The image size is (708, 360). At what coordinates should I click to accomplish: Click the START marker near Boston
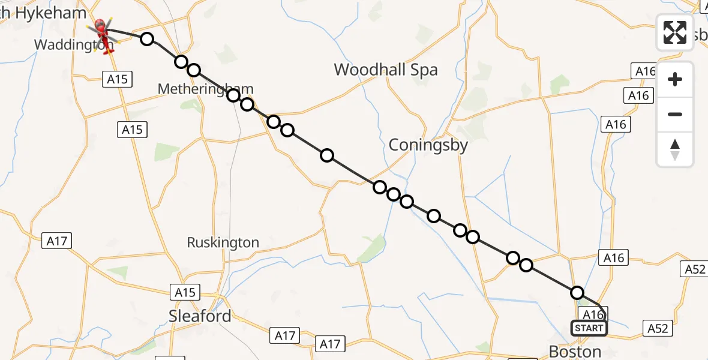point(589,328)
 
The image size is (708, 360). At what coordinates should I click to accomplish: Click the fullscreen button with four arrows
point(675,32)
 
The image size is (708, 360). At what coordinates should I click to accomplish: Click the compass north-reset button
point(675,149)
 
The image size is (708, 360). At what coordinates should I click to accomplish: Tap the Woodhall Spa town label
point(386,70)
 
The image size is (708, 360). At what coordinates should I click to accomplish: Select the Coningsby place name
point(428,145)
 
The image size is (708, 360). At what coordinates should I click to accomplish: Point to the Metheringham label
point(205,89)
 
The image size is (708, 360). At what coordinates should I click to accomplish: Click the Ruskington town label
point(223,242)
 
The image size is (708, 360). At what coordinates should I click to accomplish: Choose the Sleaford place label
point(200,316)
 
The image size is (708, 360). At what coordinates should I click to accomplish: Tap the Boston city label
point(575,351)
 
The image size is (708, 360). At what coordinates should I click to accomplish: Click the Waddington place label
point(74,44)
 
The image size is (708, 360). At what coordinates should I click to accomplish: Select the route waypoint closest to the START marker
point(577,293)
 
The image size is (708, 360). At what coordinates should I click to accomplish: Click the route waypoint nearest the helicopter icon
point(147,40)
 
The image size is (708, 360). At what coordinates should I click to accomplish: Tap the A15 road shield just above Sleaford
point(185,292)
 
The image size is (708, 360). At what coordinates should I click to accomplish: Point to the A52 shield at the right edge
point(694,269)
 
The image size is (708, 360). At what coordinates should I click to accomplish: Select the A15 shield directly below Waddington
point(117,79)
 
